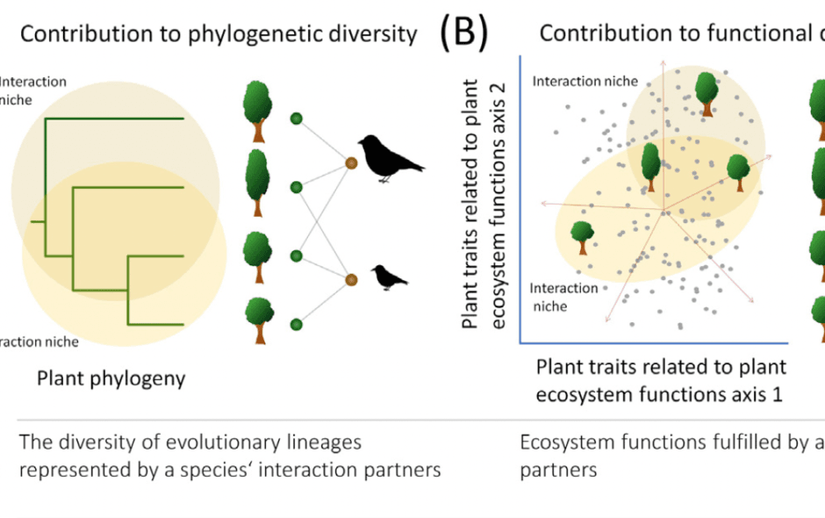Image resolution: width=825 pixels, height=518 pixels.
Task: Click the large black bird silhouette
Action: [x=390, y=159]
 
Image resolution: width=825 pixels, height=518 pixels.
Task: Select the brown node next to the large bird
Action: [x=351, y=163]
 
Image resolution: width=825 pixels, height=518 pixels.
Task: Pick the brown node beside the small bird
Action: [x=351, y=279]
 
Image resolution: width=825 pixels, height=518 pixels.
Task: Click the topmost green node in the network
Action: [x=297, y=118]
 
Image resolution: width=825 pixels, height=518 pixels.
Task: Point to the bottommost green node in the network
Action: [x=297, y=325]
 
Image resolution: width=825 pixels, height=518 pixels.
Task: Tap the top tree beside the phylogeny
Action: [x=256, y=111]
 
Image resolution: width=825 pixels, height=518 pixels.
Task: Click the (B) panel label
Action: [x=463, y=32]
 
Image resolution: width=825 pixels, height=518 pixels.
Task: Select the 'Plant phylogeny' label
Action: [x=111, y=378]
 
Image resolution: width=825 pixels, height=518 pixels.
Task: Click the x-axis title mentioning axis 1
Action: [x=660, y=379]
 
